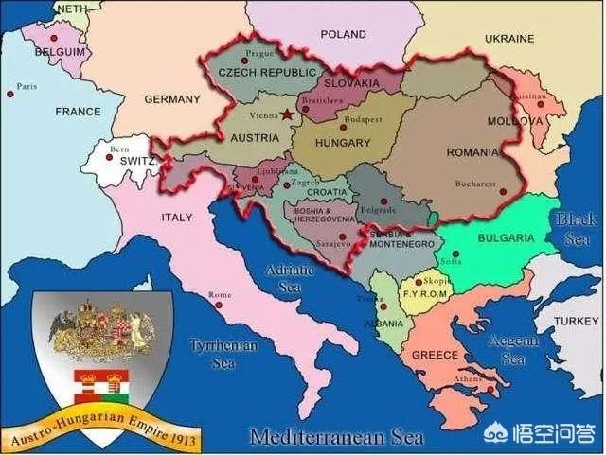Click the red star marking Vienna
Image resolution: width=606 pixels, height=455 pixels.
click(287, 114)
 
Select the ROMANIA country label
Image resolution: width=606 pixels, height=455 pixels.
click(472, 151)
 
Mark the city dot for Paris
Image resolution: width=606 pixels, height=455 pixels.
click(10, 93)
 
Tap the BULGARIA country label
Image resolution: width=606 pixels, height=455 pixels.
click(504, 237)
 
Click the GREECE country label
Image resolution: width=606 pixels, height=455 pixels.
click(435, 355)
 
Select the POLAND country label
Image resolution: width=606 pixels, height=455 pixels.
click(342, 34)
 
